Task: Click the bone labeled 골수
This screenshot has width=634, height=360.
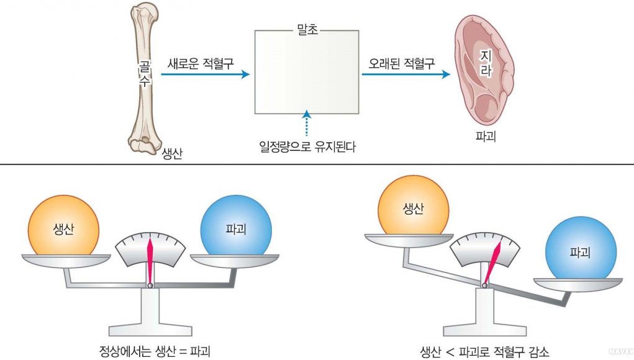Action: point(144,74)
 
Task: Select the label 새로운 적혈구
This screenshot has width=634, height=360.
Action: point(200,63)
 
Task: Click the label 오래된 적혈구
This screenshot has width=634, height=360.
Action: point(401,63)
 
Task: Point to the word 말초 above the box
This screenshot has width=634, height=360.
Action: point(308,30)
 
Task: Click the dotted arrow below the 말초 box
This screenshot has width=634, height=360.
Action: point(306,124)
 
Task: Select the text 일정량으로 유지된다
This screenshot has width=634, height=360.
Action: point(307,147)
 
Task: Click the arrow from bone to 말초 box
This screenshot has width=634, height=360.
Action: point(205,74)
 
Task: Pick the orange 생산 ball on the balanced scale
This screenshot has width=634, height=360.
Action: point(63,226)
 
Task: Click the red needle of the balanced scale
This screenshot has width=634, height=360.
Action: point(150,261)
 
